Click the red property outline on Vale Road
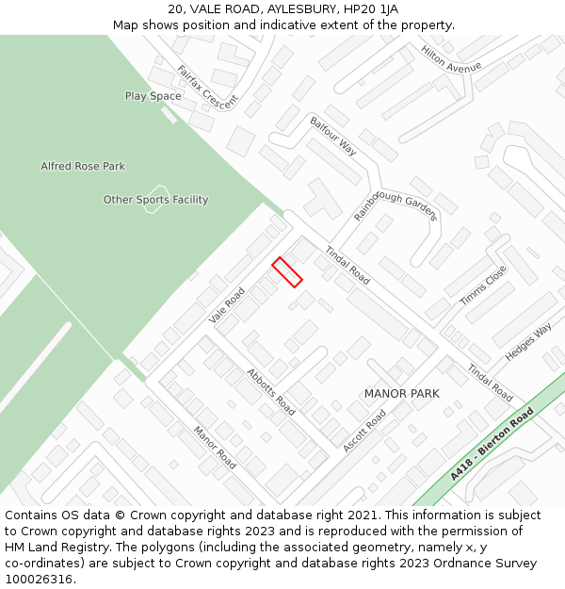pos(287,271)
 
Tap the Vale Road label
pos(227,305)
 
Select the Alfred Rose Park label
pos(83,167)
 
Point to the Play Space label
pos(153,96)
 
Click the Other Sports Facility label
pos(155,200)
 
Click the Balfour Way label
pos(333,136)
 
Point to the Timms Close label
pos(483,285)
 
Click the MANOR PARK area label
pos(401,393)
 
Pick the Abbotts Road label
pos(271,391)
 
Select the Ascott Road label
pos(364,431)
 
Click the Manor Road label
pos(215,448)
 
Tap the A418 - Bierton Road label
pos(492,444)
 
